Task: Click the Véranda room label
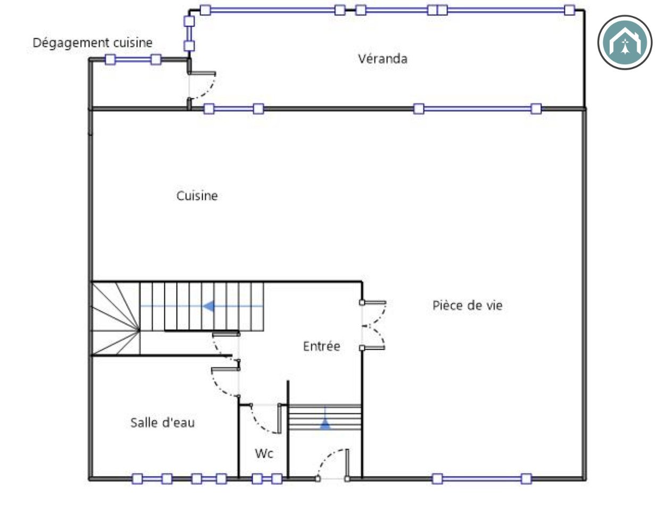(382, 59)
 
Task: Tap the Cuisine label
(197, 196)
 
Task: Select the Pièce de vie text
(467, 305)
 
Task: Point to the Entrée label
(321, 346)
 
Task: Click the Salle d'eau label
(162, 422)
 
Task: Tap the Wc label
(264, 453)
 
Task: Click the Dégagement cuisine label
(93, 43)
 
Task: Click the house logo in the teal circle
(625, 43)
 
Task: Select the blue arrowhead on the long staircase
(209, 306)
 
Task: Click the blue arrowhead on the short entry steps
(325, 424)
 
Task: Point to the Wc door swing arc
(262, 422)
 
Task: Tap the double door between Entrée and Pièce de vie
(374, 325)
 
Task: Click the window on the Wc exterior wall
(267, 479)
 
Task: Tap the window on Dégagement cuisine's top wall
(133, 60)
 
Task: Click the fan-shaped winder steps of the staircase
(115, 318)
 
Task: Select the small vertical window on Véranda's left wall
(189, 33)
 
